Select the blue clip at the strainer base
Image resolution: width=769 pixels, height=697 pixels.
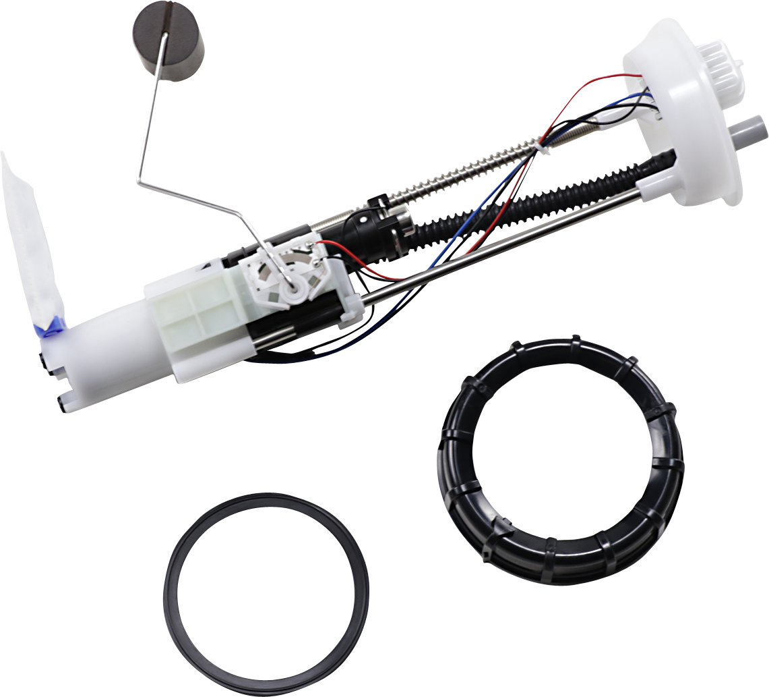(50, 328)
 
